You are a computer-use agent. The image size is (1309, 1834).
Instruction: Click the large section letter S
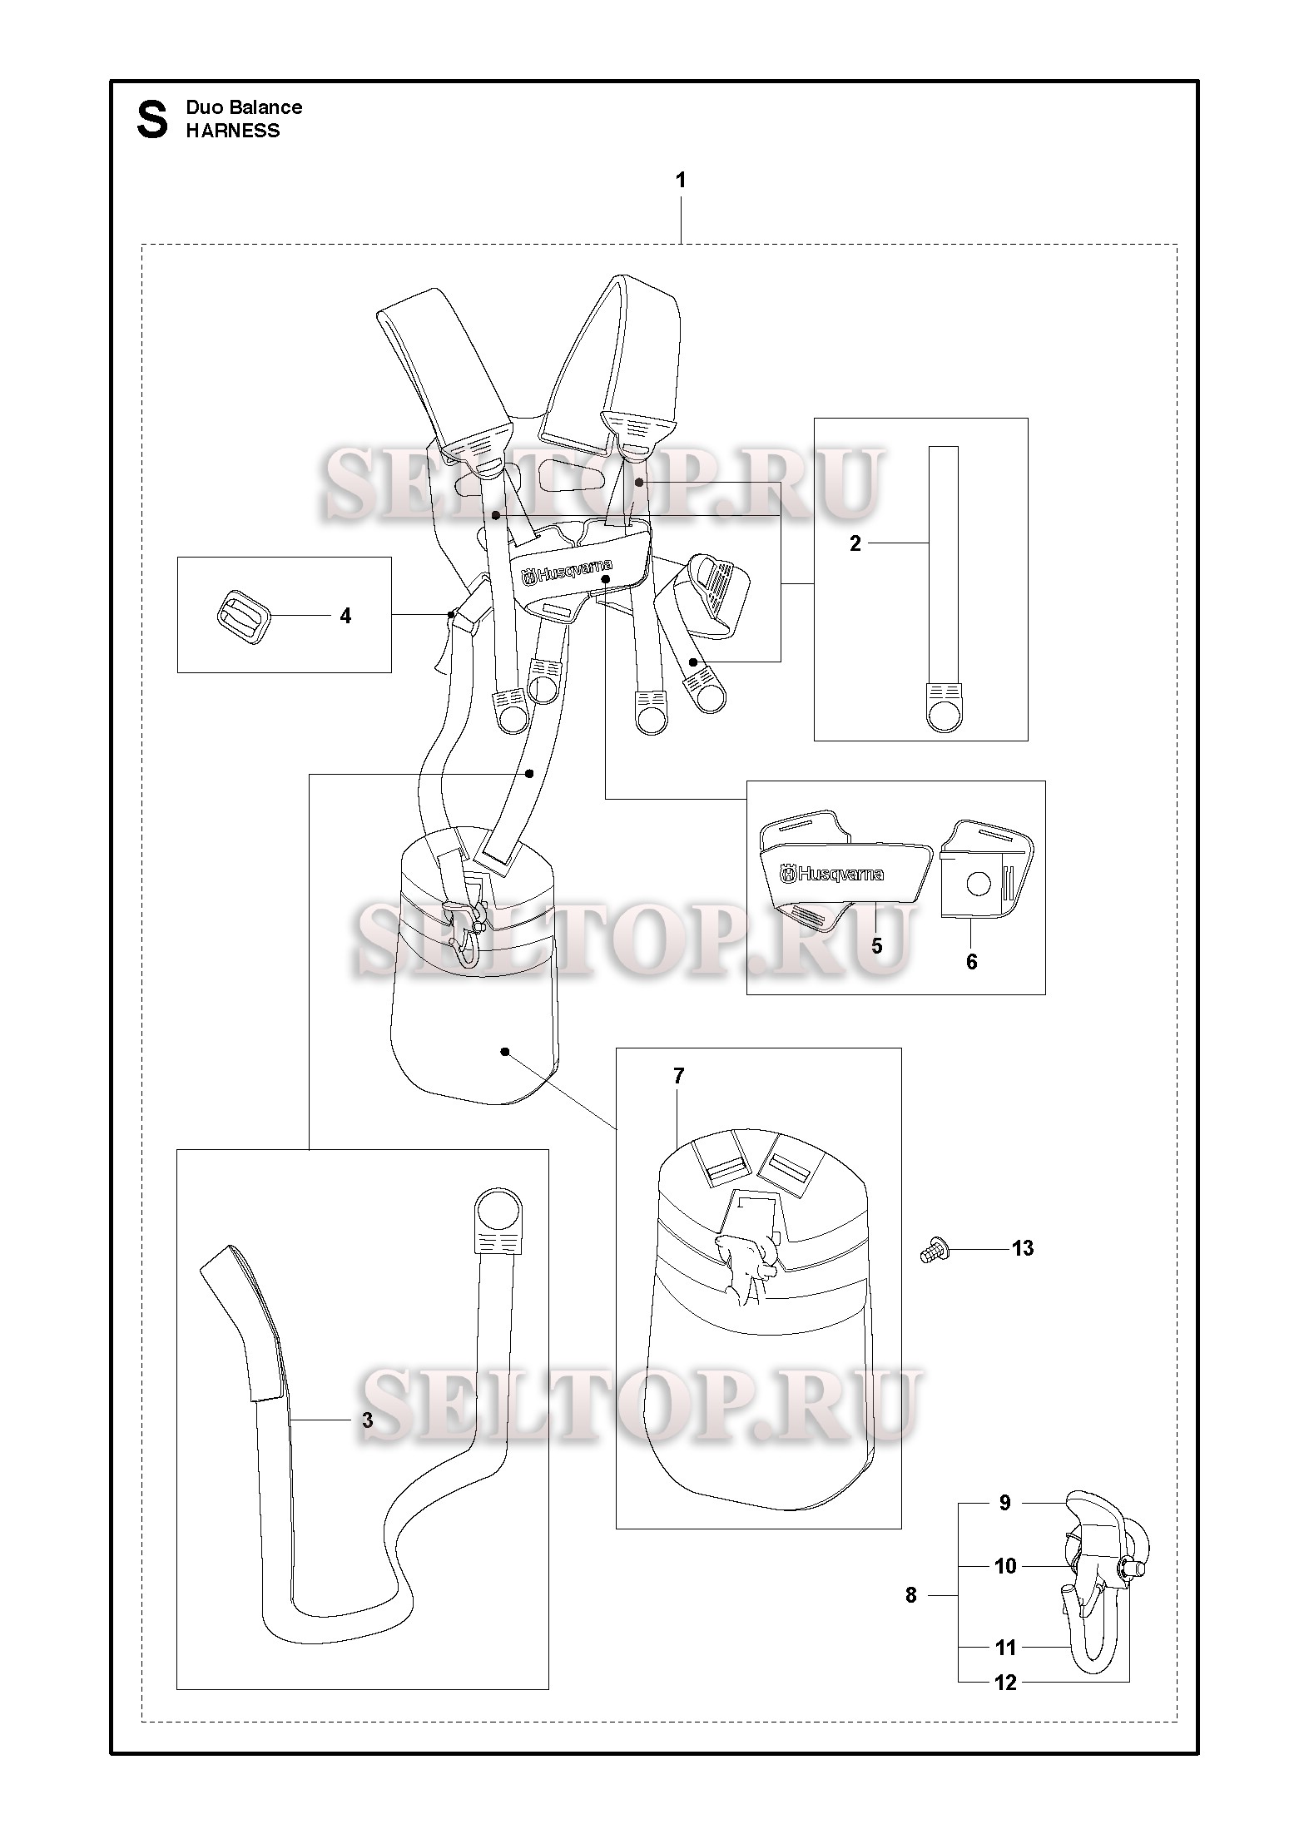[x=151, y=120]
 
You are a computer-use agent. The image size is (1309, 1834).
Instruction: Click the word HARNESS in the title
[x=233, y=131]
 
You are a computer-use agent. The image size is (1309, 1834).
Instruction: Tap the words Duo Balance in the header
[x=244, y=107]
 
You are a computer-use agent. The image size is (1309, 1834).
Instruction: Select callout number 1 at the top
[x=681, y=180]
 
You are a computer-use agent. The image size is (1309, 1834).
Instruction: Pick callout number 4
[x=345, y=616]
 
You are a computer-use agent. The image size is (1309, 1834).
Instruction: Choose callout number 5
[x=876, y=946]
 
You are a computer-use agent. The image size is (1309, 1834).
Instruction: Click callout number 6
[x=971, y=962]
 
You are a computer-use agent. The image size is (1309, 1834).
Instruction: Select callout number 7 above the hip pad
[x=678, y=1076]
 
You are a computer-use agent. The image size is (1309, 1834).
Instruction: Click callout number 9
[x=1004, y=1503]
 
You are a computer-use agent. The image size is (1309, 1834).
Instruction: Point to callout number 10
[x=1005, y=1566]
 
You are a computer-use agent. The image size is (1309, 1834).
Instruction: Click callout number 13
[x=1023, y=1271]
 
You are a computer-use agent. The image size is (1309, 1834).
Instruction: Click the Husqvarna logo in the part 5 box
[x=831, y=873]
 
